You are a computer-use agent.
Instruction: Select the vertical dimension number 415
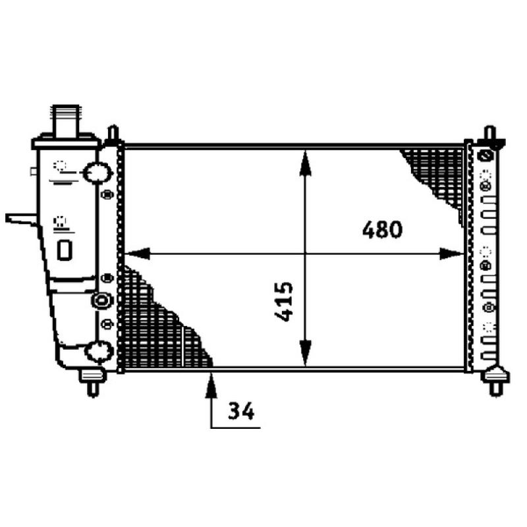pyautogui.click(x=283, y=302)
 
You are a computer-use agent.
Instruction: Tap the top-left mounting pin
pyautogui.click(x=113, y=133)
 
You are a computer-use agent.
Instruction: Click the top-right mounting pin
pyautogui.click(x=489, y=134)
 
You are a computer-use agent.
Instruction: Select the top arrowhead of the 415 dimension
pyautogui.click(x=305, y=161)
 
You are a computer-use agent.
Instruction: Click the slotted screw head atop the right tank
pyautogui.click(x=486, y=157)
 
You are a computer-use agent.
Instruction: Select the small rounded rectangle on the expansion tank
pyautogui.click(x=65, y=249)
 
